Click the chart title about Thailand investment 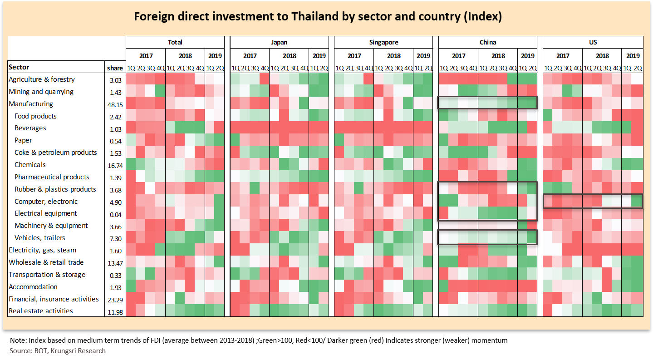(317, 17)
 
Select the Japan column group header (279, 42)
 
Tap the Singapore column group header (383, 42)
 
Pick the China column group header (488, 42)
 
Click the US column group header (593, 42)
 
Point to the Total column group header (175, 42)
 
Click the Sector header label (19, 67)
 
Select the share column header (115, 68)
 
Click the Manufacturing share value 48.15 (115, 104)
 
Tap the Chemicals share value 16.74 (115, 165)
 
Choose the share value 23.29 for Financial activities (115, 300)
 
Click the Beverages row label (30, 128)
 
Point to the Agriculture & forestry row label (42, 79)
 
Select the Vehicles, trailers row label (40, 238)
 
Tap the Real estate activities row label (41, 311)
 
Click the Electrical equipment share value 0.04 (115, 214)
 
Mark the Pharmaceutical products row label (52, 177)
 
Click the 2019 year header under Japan (319, 56)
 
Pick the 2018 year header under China (498, 56)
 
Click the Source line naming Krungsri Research (58, 350)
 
